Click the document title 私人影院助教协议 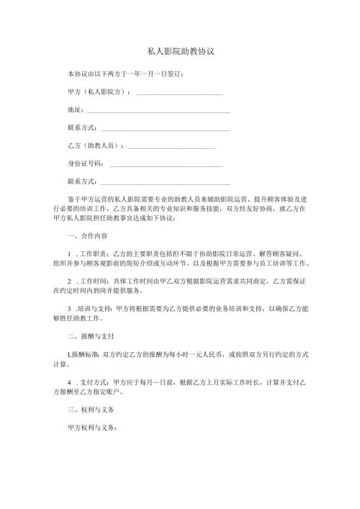coord(179,53)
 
